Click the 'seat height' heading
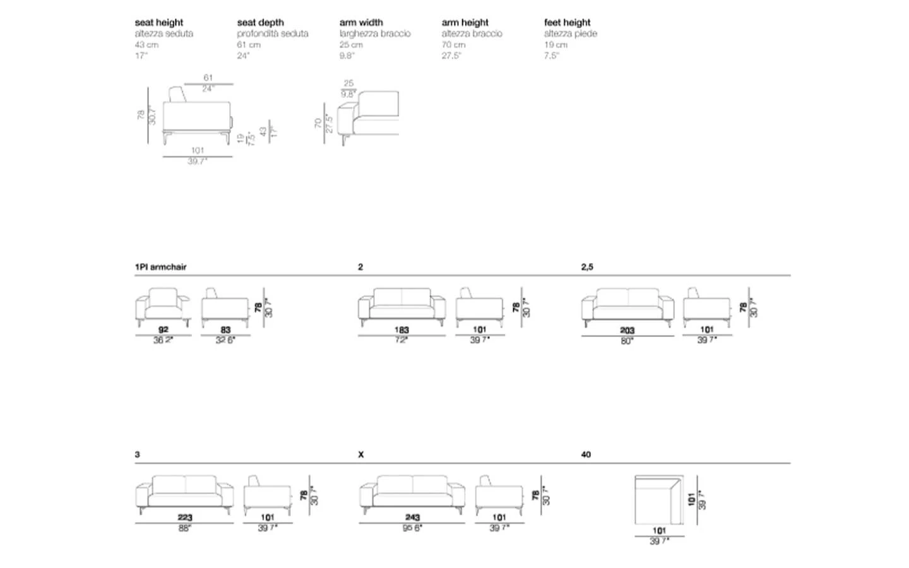pos(159,23)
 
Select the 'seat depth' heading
pos(261,23)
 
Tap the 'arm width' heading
pos(361,23)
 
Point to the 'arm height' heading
pos(465,23)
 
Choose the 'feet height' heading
pos(567,23)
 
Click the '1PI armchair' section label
pos(161,267)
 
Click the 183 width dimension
pos(401,329)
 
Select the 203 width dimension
pos(627,330)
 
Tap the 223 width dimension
pos(184,518)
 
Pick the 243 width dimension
pos(412,518)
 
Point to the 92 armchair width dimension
pos(163,329)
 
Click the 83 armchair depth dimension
pos(225,329)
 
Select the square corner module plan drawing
pos(659,500)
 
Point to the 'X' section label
pos(361,454)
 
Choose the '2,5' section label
pos(587,267)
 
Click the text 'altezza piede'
pos(571,34)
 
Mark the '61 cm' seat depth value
pos(249,45)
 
